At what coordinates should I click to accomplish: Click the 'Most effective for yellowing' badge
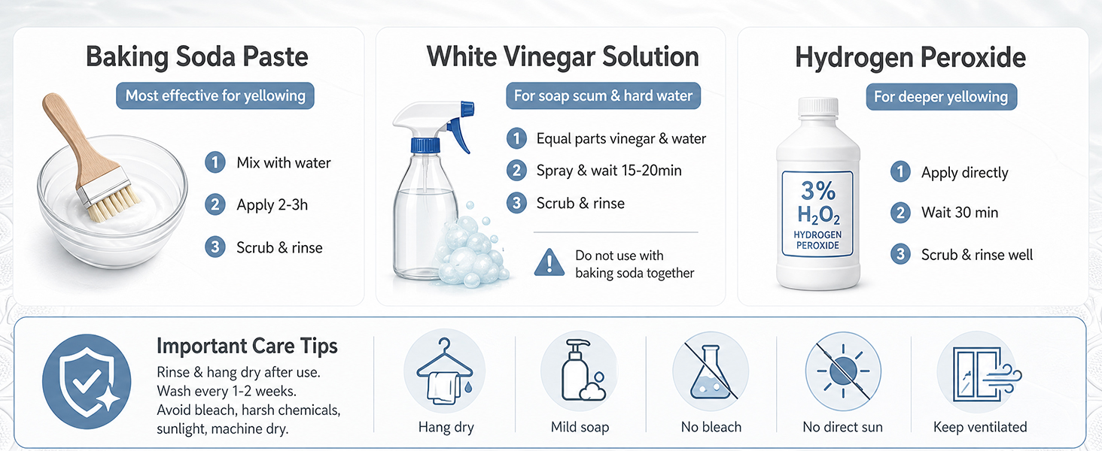coord(215,95)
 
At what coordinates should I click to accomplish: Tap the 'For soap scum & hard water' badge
coord(603,95)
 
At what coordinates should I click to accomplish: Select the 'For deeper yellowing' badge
coord(941,97)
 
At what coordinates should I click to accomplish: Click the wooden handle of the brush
coord(74,137)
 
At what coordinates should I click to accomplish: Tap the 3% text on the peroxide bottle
coord(817,191)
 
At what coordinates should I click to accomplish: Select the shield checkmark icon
coord(87,382)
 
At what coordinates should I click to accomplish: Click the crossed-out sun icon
coord(843,371)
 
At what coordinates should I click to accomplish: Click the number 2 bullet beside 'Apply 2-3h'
coord(215,204)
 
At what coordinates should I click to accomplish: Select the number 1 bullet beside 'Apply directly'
coord(900,172)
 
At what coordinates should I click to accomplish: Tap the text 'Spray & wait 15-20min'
coord(609,171)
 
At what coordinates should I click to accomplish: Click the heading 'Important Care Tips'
coord(247,346)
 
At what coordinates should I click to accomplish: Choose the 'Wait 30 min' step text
coord(960,212)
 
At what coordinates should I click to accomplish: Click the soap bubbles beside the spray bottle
coord(470,250)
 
